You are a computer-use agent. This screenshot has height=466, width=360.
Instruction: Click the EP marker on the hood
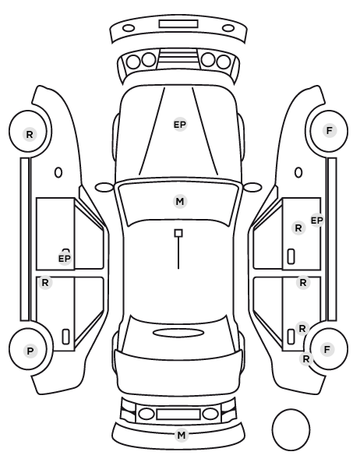(180, 125)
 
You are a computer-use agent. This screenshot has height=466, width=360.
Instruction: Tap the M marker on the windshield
(180, 202)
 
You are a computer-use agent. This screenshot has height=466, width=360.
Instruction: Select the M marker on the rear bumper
(181, 436)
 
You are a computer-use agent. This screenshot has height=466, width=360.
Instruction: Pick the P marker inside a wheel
(30, 351)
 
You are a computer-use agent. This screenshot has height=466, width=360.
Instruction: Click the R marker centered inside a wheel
(30, 134)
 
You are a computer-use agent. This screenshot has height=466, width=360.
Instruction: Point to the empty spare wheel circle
(291, 429)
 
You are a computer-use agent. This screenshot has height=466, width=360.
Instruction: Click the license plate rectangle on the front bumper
(178, 24)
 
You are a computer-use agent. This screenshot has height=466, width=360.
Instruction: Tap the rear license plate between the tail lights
(178, 414)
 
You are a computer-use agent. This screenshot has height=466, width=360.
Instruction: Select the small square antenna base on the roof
(178, 233)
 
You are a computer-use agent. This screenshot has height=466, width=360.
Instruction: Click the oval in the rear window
(178, 333)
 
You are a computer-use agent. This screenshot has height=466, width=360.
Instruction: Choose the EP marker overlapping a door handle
(65, 259)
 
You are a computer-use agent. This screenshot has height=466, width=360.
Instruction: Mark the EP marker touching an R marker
(317, 221)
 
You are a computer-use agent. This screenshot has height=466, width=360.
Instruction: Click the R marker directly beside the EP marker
(298, 228)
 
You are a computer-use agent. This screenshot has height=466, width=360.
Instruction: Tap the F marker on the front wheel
(329, 130)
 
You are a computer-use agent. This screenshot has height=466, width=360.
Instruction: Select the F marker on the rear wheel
(327, 349)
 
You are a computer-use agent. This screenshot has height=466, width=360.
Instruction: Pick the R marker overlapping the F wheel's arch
(306, 359)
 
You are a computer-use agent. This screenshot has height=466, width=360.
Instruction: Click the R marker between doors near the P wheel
(45, 282)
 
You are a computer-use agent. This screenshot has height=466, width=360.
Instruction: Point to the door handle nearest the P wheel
(65, 337)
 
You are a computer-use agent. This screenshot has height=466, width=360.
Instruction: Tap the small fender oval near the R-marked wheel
(58, 173)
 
